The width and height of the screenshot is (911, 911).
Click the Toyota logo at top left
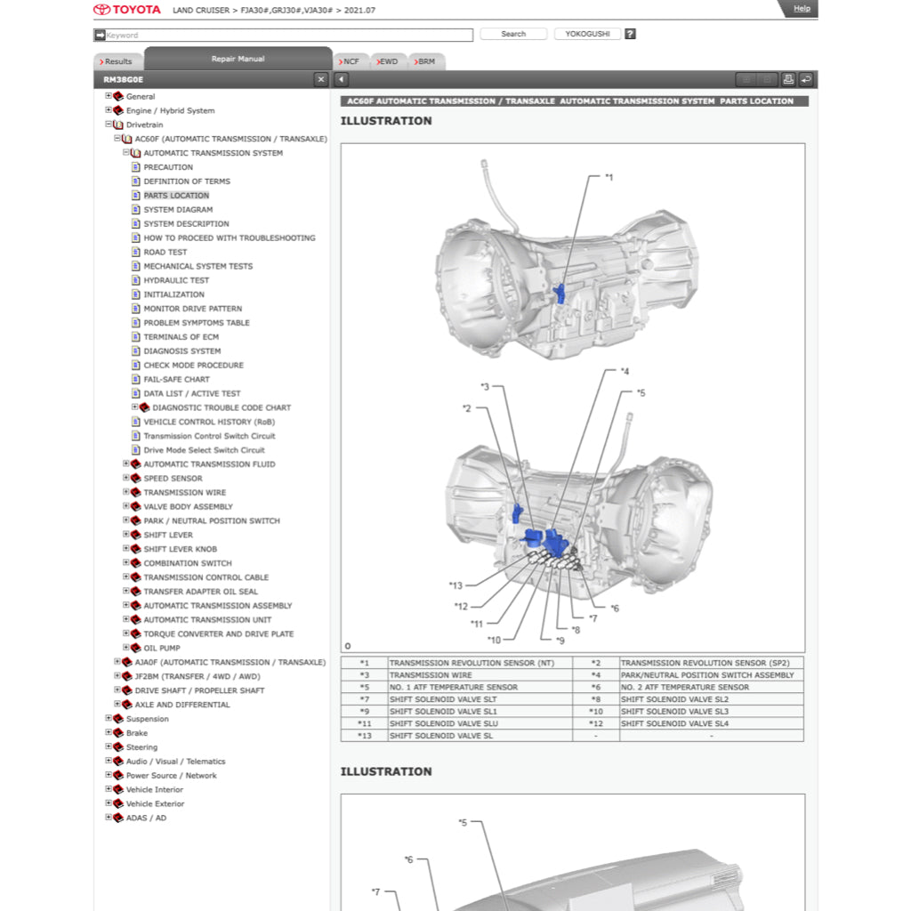point(127,10)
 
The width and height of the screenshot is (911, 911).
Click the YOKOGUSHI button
point(587,34)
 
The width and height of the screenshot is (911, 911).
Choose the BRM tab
point(425,61)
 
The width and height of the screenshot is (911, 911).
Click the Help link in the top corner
point(802,9)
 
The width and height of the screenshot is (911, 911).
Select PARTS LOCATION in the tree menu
point(176,196)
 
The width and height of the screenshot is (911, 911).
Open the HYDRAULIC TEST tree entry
point(176,280)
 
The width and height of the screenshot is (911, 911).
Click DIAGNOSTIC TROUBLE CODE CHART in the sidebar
point(222,407)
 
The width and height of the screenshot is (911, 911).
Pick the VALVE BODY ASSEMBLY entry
point(188,507)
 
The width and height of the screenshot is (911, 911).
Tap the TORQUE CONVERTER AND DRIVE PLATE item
point(218,634)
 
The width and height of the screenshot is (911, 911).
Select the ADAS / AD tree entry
point(146,818)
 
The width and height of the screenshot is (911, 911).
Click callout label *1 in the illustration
point(609,177)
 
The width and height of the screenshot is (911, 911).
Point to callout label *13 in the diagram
point(455,585)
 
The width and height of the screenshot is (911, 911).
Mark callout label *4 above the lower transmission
point(625,371)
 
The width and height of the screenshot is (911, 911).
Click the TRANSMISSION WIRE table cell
point(431,675)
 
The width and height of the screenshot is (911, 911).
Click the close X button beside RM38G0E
point(321,80)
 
